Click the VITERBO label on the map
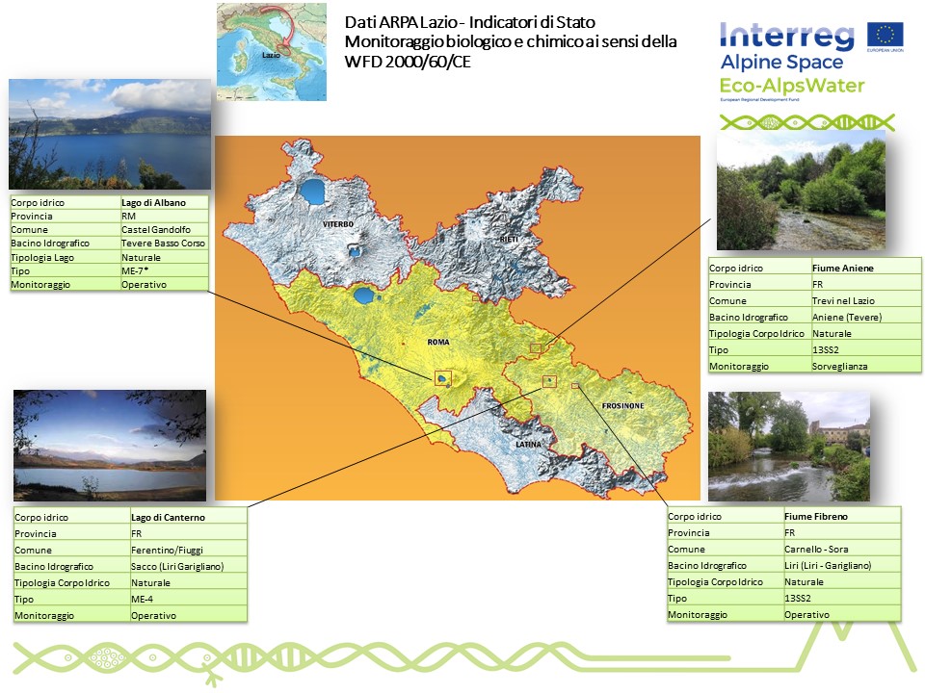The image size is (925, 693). click(x=338, y=224)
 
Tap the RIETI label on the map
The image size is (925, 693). click(x=509, y=240)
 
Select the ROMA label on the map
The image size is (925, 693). click(x=438, y=342)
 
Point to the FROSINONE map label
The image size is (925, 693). click(x=623, y=406)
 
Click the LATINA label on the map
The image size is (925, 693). click(x=528, y=445)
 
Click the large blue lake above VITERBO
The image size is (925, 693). click(x=312, y=192)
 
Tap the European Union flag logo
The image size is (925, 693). click(x=885, y=35)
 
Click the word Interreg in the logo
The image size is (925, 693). click(x=786, y=36)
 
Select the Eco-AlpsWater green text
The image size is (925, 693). click(x=792, y=86)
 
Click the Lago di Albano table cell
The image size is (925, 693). click(x=164, y=203)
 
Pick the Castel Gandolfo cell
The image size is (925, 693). click(x=164, y=230)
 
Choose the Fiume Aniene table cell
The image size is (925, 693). click(x=866, y=269)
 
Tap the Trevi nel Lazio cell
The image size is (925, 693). click(x=866, y=301)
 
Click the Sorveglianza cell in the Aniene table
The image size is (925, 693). click(x=866, y=367)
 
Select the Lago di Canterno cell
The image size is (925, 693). click(x=188, y=518)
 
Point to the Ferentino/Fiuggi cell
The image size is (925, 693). click(x=188, y=551)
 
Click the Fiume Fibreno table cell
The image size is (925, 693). click(x=842, y=517)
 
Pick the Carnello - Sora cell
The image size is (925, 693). click(x=842, y=550)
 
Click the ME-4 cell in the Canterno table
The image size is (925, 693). click(x=188, y=600)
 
